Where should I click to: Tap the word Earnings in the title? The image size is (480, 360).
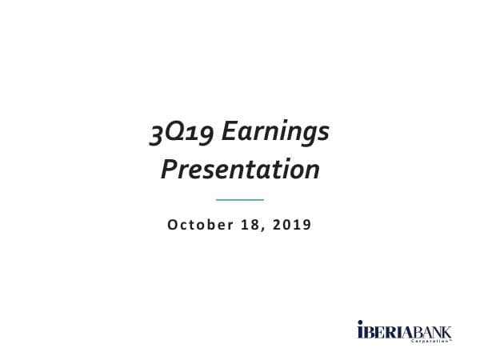coord(274,134)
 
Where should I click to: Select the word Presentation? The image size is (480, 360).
coord(240,170)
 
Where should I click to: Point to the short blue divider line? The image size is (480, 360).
coord(240,199)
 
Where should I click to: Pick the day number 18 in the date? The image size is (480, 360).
coord(250,225)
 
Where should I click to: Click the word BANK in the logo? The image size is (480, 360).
coord(432,330)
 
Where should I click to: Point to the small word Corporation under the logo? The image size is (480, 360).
coord(432,341)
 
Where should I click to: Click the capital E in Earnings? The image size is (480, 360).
coord(228,133)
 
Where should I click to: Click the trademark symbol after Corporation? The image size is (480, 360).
coord(452,339)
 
